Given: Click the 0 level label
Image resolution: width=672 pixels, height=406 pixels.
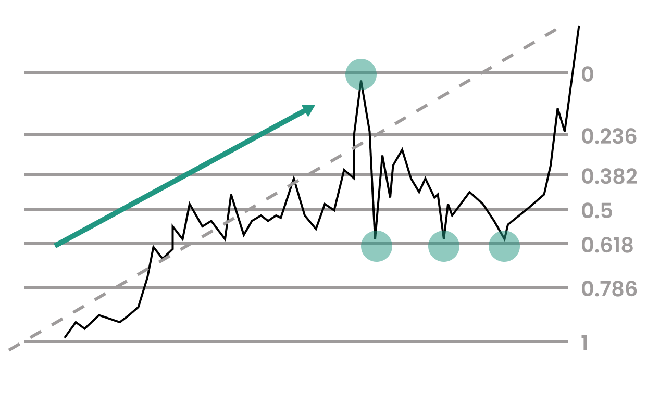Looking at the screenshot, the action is [587, 74].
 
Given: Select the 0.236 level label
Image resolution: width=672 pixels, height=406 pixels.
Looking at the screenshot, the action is [608, 136].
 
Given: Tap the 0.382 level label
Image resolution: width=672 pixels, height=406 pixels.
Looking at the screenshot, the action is [609, 176].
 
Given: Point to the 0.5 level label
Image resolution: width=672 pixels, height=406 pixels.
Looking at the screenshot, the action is [596, 211].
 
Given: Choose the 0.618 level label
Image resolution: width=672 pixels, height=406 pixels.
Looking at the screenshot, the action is [607, 245].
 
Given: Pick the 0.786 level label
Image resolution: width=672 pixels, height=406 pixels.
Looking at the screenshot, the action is [609, 289].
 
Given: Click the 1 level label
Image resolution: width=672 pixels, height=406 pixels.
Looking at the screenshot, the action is [584, 343].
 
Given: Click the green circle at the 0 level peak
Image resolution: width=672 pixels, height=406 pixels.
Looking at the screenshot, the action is [361, 74].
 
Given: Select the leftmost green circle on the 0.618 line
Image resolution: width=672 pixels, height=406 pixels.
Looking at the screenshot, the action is [377, 246].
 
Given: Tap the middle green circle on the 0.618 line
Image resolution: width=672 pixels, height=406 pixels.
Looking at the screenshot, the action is [444, 246].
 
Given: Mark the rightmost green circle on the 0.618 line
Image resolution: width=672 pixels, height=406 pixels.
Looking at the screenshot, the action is [504, 246].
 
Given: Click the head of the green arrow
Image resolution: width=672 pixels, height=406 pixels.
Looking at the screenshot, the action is [315, 106].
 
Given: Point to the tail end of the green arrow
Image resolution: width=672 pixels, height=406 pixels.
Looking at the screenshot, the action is [56, 246].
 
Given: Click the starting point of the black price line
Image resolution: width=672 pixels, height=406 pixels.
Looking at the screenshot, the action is [65, 338].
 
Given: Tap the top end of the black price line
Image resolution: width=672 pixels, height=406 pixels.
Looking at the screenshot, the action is [579, 26].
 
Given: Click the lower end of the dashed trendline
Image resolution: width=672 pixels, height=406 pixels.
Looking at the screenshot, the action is [9, 350].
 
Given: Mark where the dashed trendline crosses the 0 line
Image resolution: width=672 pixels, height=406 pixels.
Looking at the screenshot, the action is [481, 73].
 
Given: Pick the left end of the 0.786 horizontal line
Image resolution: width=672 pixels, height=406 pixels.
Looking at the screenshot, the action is [24, 287].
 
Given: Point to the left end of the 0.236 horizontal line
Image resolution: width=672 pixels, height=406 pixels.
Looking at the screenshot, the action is [24, 135].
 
